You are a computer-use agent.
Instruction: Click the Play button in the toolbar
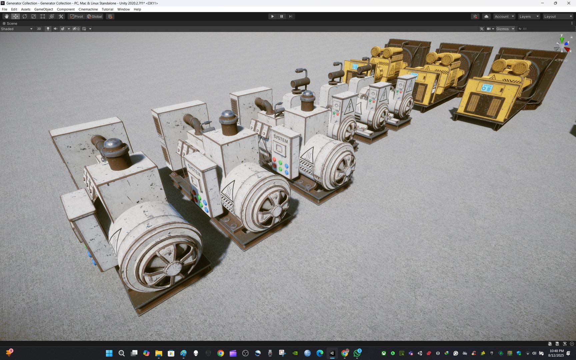[272, 16]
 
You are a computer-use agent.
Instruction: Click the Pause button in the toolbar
[281, 16]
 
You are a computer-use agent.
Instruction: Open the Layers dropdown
[529, 16]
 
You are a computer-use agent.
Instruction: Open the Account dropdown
[504, 16]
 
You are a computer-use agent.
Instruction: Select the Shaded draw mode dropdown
[17, 29]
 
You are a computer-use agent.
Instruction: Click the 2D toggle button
[39, 29]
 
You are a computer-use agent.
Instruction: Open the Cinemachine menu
[88, 9]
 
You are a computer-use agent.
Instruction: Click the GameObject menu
[43, 9]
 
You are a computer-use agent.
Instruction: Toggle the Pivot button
[77, 16]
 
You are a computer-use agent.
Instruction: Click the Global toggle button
[95, 16]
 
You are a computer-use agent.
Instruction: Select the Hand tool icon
[6, 16]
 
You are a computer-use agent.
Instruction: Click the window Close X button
[569, 3]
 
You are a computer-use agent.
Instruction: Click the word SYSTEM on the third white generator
[280, 138]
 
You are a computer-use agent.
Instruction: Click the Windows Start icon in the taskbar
[109, 353]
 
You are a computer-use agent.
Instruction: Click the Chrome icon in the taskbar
[220, 353]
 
